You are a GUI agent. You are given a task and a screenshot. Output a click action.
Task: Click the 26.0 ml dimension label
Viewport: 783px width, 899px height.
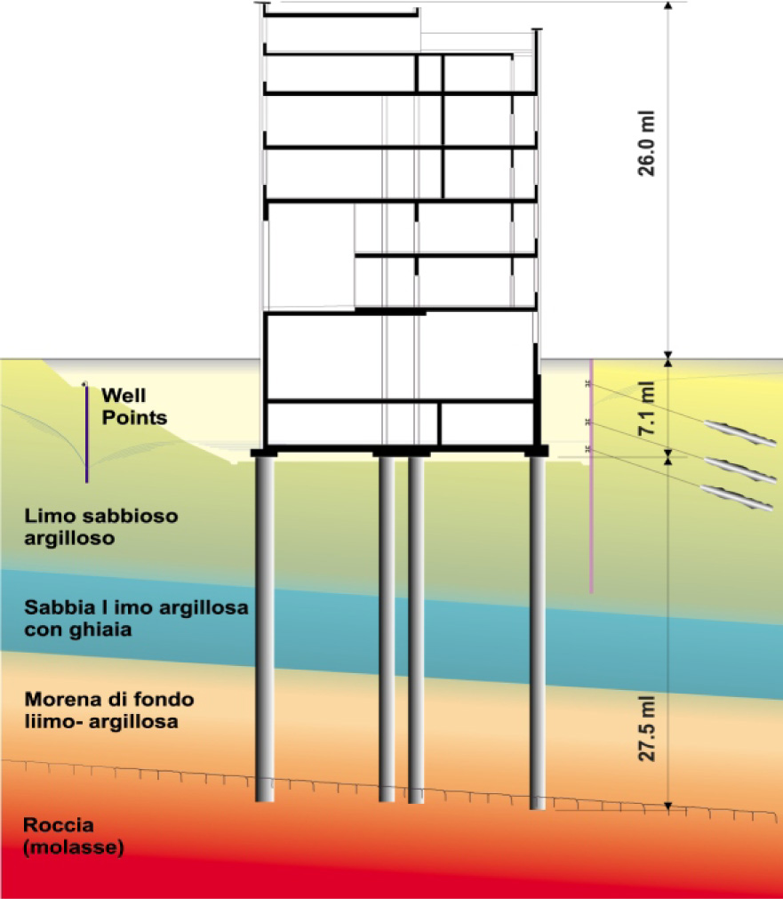click(x=646, y=143)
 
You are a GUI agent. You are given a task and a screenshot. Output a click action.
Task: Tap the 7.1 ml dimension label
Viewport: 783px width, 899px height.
click(x=646, y=407)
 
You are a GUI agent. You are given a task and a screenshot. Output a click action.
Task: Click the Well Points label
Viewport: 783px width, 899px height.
click(x=134, y=406)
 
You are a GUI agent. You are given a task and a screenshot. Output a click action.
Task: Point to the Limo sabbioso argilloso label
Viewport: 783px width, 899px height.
click(x=101, y=527)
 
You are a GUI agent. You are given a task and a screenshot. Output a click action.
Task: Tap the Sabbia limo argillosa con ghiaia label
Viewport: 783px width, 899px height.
click(x=136, y=618)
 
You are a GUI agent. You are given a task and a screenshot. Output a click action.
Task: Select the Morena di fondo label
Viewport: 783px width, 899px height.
click(x=109, y=710)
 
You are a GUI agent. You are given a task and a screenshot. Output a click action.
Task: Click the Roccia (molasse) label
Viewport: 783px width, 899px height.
click(x=74, y=836)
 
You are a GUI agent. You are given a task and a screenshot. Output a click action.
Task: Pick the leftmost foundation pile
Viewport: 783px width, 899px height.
click(x=264, y=629)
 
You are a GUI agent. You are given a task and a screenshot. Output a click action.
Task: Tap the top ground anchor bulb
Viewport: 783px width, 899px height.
click(x=740, y=432)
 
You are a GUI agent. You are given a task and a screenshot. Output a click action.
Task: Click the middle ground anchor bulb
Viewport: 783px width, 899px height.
click(x=740, y=470)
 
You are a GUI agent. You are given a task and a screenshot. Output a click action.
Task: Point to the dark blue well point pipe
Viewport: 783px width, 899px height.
click(x=86, y=432)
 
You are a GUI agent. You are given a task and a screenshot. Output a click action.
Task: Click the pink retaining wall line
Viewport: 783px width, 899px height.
click(x=591, y=476)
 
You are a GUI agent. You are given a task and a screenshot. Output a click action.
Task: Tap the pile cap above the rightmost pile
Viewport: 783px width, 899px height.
click(x=537, y=452)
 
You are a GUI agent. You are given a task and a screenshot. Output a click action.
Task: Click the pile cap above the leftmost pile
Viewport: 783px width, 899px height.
click(x=264, y=453)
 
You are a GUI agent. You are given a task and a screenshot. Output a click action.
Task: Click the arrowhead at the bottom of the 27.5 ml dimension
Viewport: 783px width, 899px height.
click(x=667, y=807)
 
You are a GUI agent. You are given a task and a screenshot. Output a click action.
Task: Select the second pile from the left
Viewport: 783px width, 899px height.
click(x=387, y=629)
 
